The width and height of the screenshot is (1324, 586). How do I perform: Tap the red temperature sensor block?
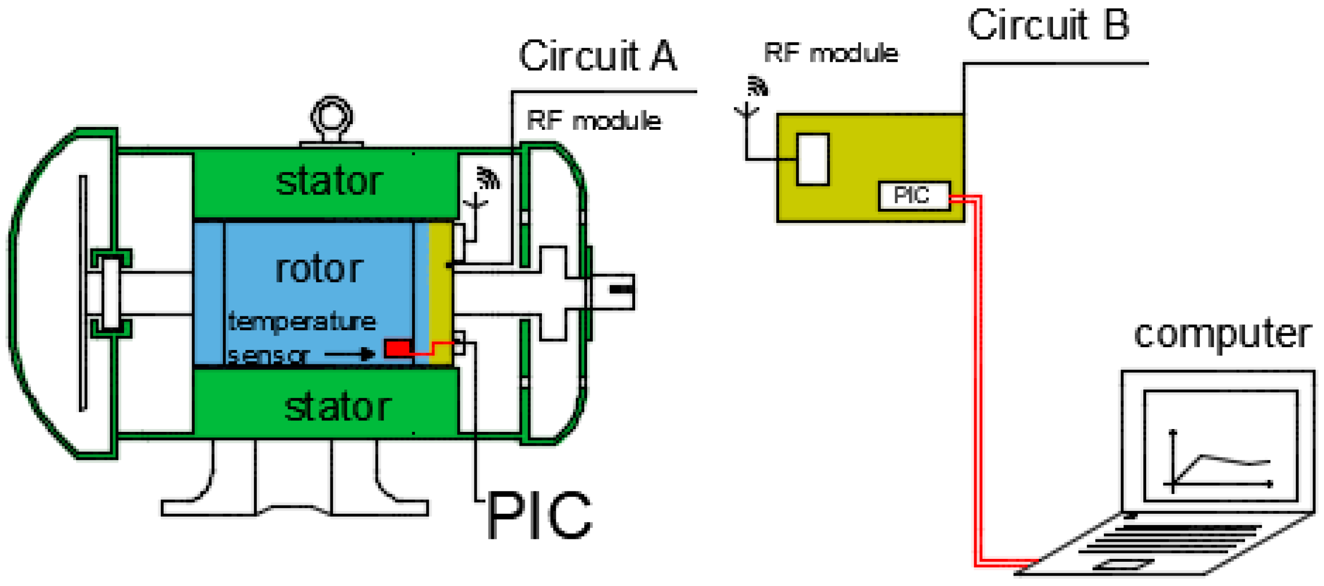pyautogui.click(x=397, y=348)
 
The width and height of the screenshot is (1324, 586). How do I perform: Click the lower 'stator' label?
pyautogui.click(x=338, y=407)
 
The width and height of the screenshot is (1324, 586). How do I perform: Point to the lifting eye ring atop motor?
pyautogui.click(x=332, y=116)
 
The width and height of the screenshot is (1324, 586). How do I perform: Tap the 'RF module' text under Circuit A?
pyautogui.click(x=594, y=121)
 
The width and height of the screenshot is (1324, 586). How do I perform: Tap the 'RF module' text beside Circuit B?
pyautogui.click(x=831, y=52)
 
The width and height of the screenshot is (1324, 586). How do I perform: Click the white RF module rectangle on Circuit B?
pyautogui.click(x=812, y=159)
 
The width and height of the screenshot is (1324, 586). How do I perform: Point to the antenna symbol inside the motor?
pyautogui.click(x=476, y=203)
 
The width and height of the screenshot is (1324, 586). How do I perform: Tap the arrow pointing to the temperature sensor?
pyautogui.click(x=349, y=354)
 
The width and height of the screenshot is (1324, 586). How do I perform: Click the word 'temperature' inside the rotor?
pyautogui.click(x=302, y=322)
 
